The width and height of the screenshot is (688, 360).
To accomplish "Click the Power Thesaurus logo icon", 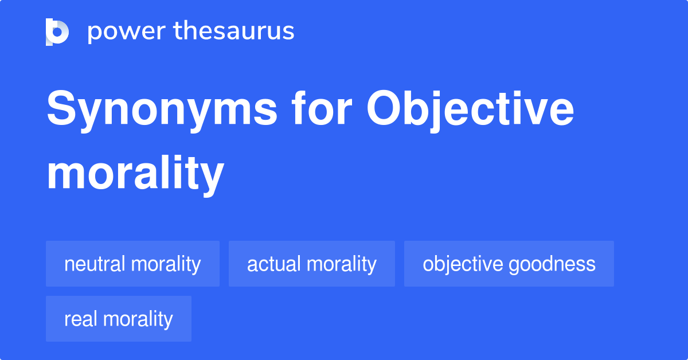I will pos(57,32).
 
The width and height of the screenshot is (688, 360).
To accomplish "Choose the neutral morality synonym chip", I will pos(132,264).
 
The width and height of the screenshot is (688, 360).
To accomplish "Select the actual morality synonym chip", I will pos(312,264).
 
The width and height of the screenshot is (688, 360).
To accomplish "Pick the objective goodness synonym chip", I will pos(509,264).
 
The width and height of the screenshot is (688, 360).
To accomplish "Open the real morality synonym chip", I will pos(119,319).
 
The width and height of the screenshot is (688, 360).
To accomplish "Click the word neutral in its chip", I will pos(95,264).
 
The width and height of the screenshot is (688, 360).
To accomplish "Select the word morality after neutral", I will pos(166,264).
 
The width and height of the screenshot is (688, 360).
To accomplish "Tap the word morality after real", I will pos(138,319).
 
